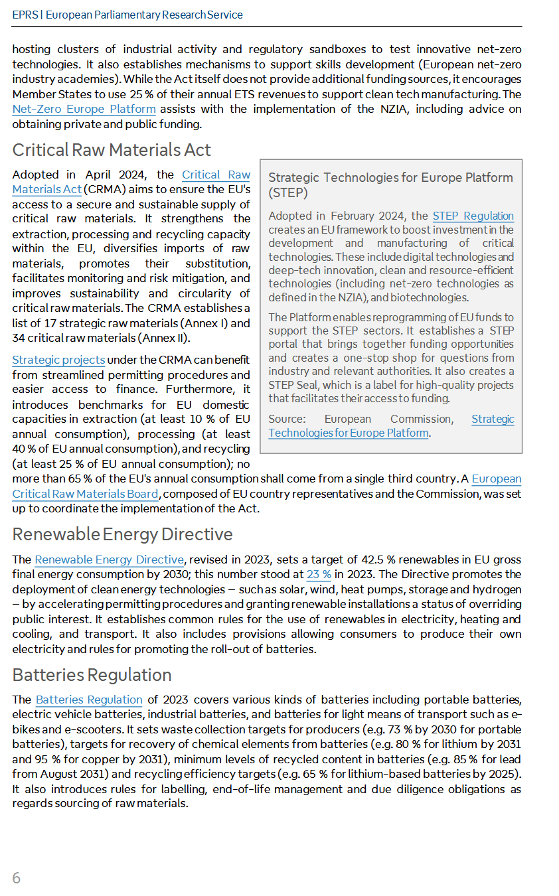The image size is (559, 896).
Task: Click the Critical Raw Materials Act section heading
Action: pos(112,150)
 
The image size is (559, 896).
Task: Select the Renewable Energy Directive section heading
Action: pos(122,534)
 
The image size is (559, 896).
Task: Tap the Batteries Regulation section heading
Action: pos(92,675)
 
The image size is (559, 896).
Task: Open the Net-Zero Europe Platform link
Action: pos(84,110)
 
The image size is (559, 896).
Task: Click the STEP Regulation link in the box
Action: pos(473,216)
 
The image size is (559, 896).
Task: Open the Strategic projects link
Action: pos(58,360)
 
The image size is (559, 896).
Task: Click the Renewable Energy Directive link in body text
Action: pos(109,560)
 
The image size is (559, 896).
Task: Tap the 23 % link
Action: pos(319,575)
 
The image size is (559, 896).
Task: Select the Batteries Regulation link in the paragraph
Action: pos(89,700)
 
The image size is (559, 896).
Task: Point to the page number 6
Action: pos(17,878)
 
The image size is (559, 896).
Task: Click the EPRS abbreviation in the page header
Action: pos(24,15)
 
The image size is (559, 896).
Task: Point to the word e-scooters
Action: pos(71,729)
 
